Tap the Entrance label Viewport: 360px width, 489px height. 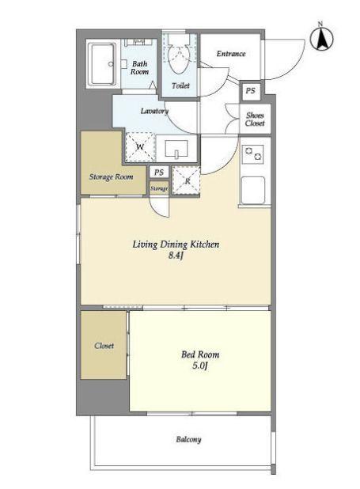[x=231, y=54]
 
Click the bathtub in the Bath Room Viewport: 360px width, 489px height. [x=102, y=63]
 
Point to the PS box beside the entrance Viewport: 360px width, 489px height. [x=250, y=91]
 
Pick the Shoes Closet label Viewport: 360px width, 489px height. [x=255, y=119]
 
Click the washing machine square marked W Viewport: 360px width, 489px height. [x=140, y=146]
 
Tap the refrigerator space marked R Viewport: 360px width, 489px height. [x=186, y=181]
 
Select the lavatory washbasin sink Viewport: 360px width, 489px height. [x=176, y=149]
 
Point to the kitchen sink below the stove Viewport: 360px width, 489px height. [x=253, y=190]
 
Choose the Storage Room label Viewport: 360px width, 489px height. [x=111, y=176]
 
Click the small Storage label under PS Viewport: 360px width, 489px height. [x=159, y=188]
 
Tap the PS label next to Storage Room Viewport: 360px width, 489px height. [x=159, y=172]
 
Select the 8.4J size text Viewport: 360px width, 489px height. [x=175, y=256]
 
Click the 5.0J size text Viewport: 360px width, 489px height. [x=199, y=366]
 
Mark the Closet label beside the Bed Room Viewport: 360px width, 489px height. [x=104, y=346]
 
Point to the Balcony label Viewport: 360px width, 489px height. [x=189, y=439]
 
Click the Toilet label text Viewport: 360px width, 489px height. [x=180, y=85]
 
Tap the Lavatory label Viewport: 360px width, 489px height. [x=154, y=111]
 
